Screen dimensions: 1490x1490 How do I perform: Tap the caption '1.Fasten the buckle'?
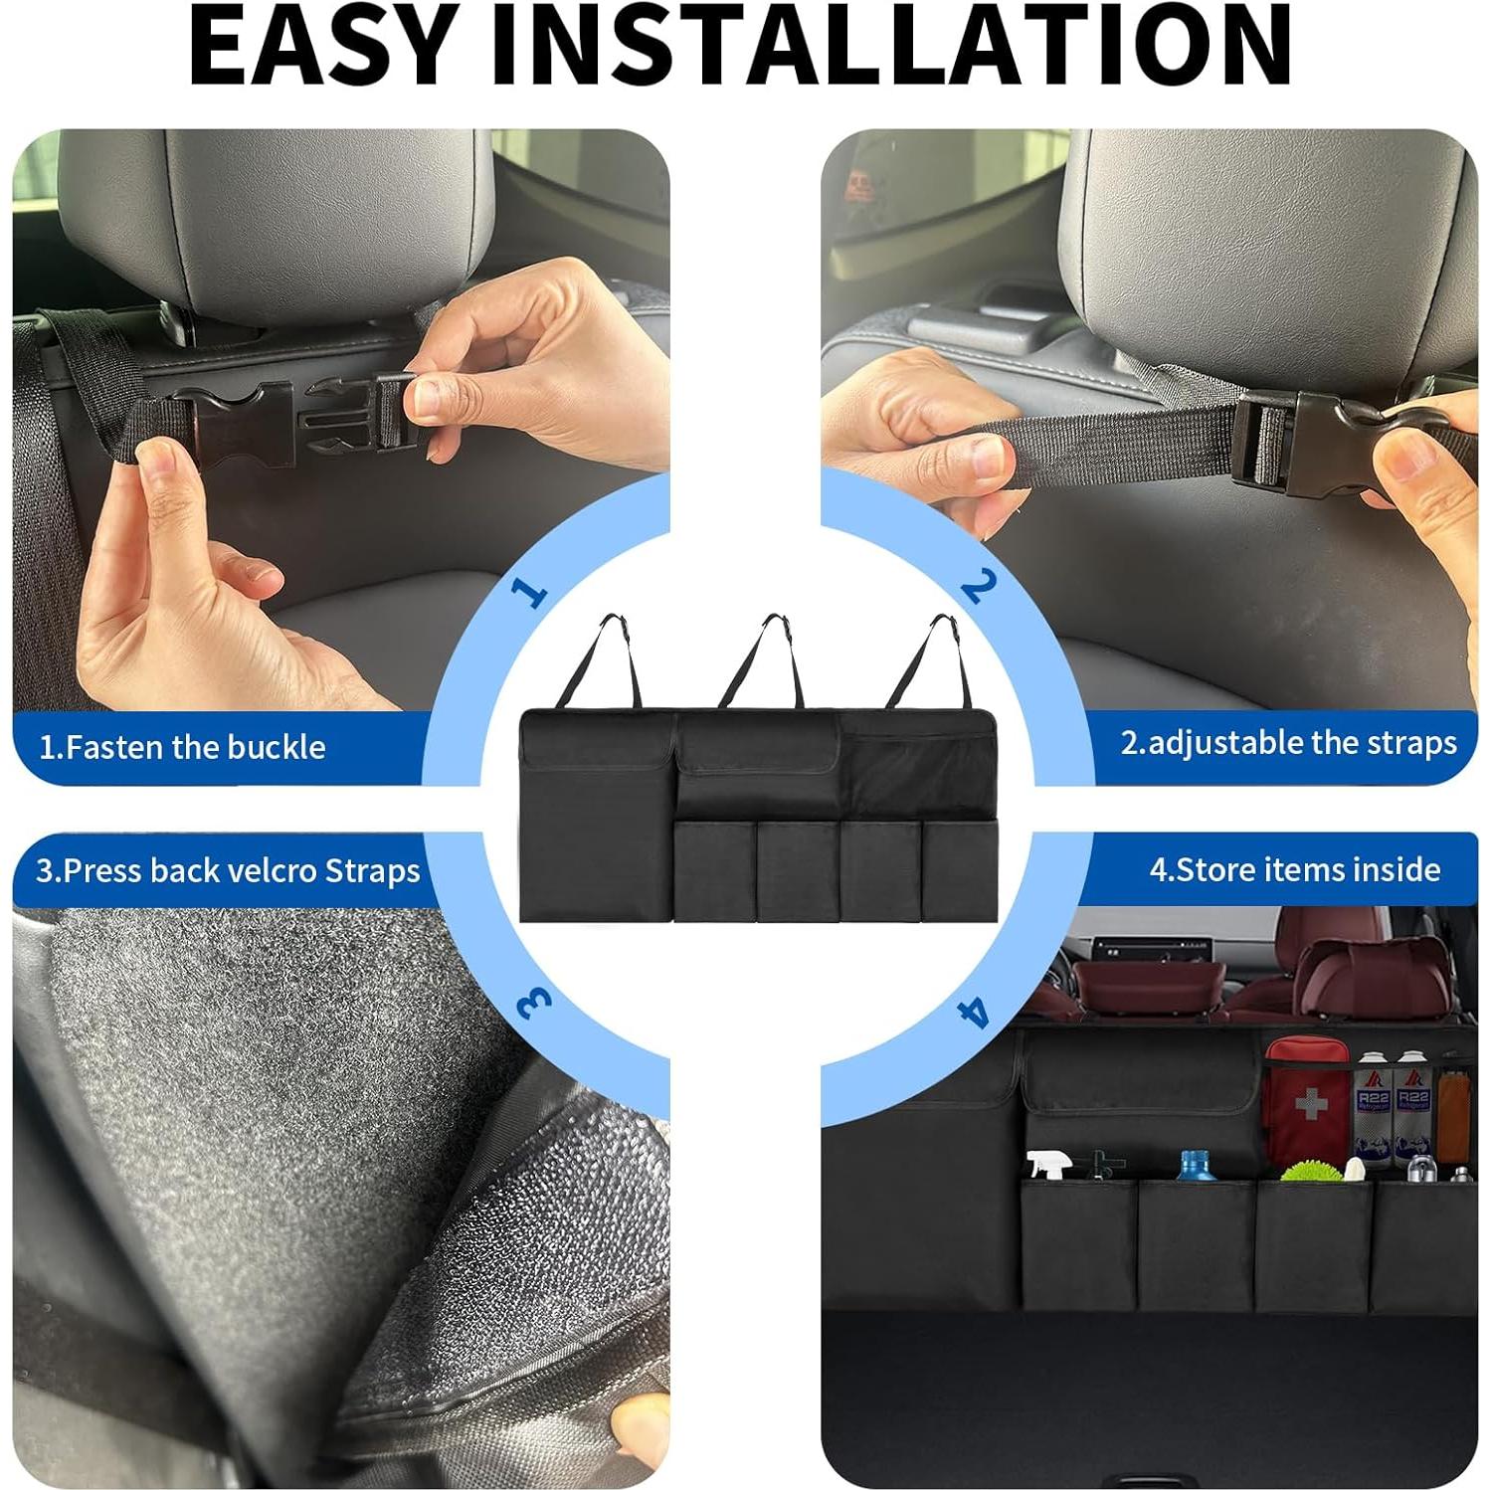point(182,747)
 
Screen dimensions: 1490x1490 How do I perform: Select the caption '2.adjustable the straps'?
point(1288,743)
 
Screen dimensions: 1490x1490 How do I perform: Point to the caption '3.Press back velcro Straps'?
point(228,870)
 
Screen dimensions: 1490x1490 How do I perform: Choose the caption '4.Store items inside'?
point(1295,870)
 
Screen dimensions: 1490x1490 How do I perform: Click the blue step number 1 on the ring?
point(529,592)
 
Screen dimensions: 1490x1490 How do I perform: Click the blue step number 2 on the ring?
point(978,586)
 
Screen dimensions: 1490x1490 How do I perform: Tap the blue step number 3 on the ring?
point(534,1003)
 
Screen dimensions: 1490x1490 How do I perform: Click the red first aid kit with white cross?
point(1305,1099)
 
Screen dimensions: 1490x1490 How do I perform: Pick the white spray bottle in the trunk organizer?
point(1046,1165)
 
